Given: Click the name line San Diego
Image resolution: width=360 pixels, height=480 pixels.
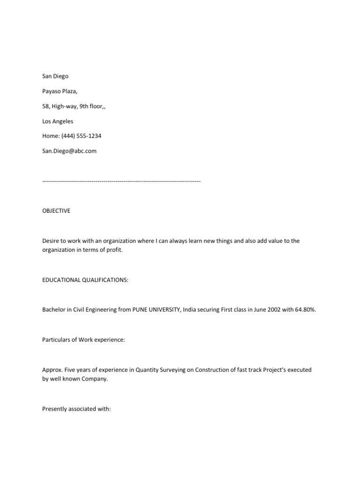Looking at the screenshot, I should pyautogui.click(x=55, y=76).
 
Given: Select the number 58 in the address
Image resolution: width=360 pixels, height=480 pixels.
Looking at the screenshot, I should pyautogui.click(x=45, y=106).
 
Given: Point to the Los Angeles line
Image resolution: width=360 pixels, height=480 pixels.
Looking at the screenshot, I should pyautogui.click(x=58, y=121).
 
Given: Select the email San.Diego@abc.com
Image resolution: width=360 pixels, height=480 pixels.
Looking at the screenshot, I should pyautogui.click(x=69, y=151).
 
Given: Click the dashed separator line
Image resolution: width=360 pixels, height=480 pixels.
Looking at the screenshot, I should pyautogui.click(x=121, y=181).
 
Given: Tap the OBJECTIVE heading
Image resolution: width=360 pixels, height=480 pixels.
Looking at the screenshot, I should pyautogui.click(x=56, y=211).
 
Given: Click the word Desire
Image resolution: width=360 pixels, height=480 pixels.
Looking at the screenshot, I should pyautogui.click(x=51, y=241).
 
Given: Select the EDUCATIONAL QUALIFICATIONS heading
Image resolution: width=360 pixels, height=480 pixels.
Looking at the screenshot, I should pyautogui.click(x=84, y=280).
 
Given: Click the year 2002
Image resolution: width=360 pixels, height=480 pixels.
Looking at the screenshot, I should pyautogui.click(x=271, y=310).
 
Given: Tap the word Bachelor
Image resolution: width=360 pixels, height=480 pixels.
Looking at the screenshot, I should pyautogui.click(x=54, y=310).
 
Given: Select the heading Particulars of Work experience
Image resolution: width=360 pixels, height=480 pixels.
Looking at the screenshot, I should pyautogui.click(x=83, y=340).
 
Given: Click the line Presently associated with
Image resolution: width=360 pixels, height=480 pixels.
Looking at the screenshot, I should pyautogui.click(x=76, y=409).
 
